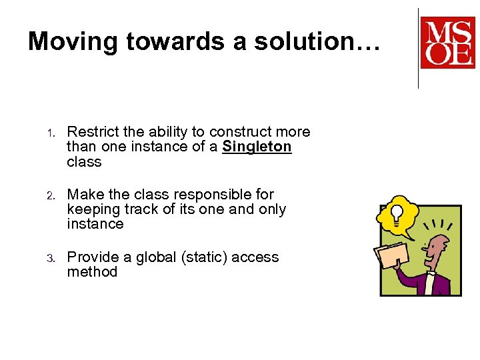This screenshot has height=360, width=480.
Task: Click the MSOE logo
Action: [447, 43]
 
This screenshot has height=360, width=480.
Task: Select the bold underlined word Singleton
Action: [257, 147]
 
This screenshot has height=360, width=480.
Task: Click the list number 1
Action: [49, 133]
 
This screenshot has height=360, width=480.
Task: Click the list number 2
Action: [49, 195]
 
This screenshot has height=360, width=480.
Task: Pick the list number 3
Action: [49, 258]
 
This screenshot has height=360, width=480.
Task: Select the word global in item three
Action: [156, 257]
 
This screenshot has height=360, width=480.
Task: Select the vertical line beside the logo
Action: [418, 48]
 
